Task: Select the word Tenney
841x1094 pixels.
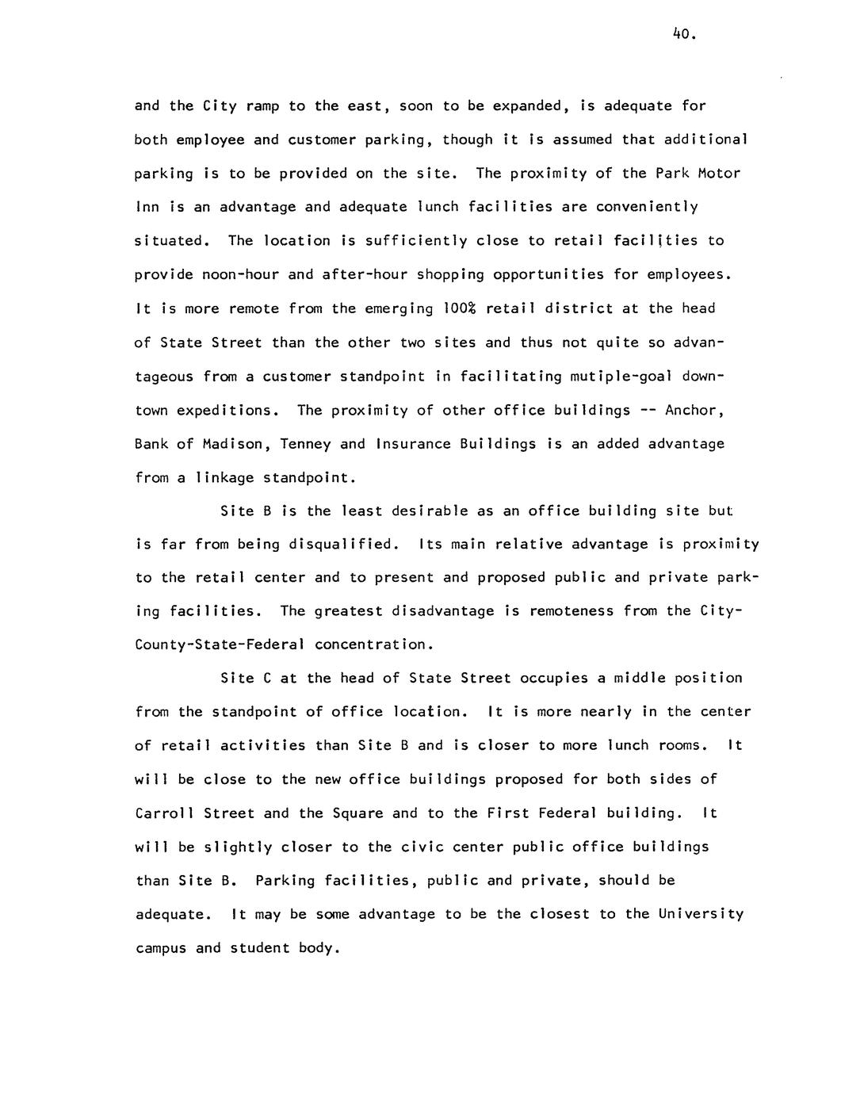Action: click(305, 443)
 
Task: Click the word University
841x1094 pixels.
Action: click(701, 913)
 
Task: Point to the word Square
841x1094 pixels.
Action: click(357, 813)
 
